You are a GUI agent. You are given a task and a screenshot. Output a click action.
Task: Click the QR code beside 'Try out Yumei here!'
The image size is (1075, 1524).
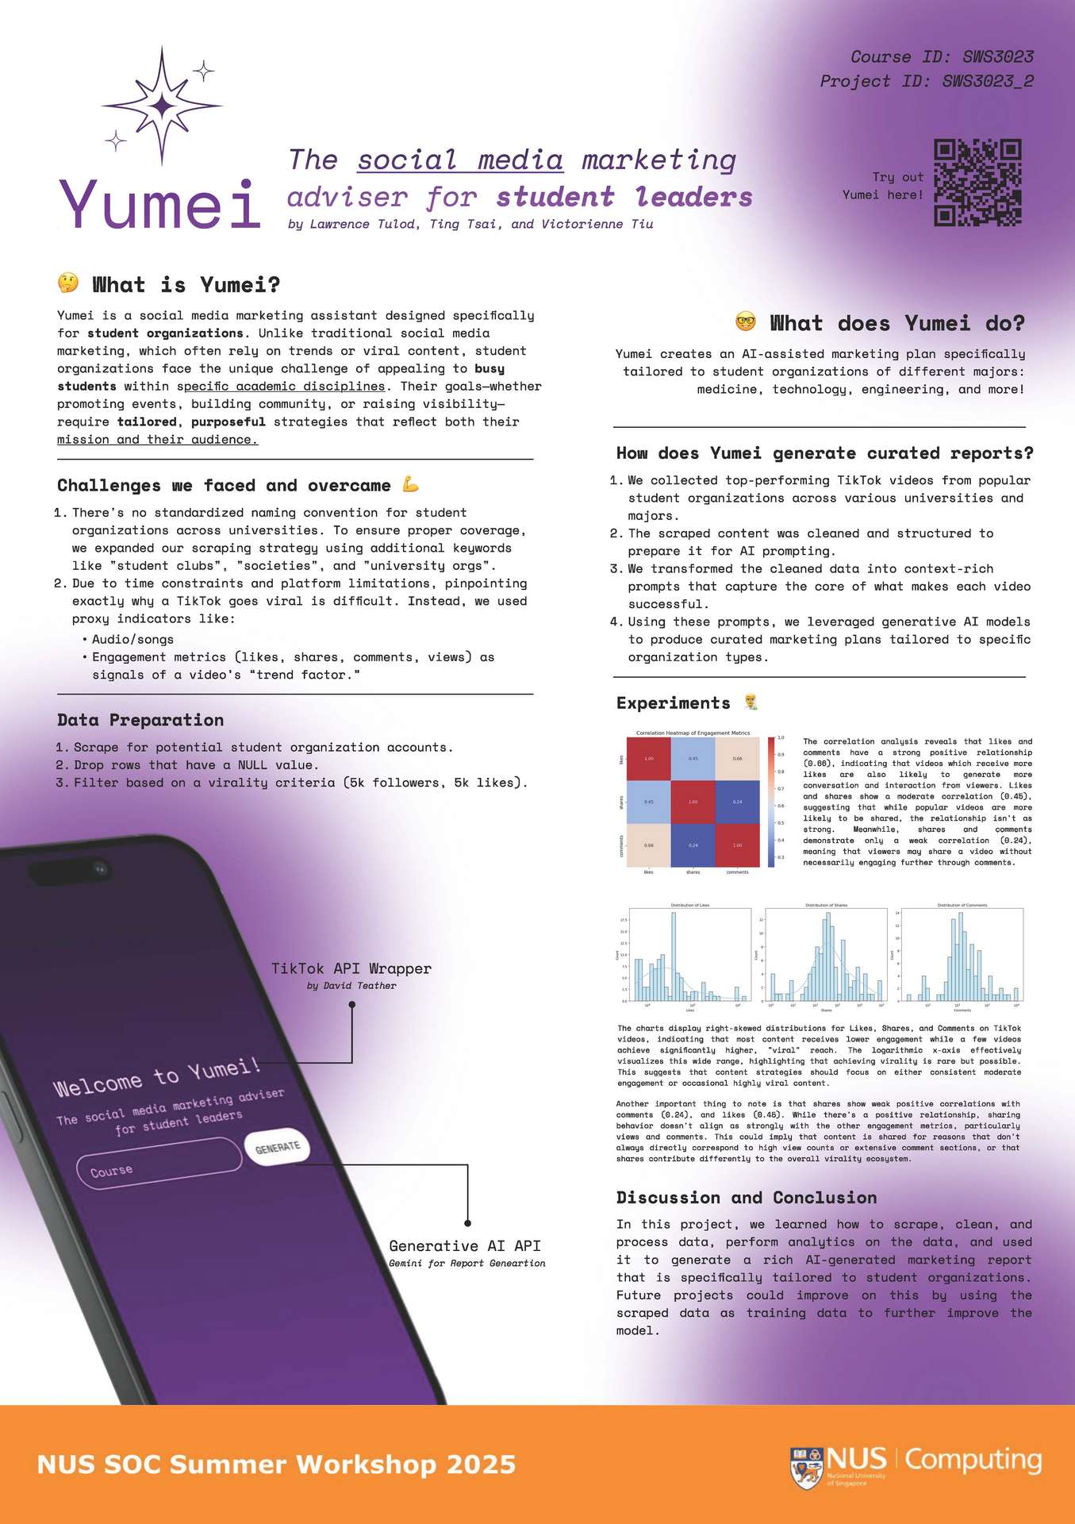click(x=977, y=183)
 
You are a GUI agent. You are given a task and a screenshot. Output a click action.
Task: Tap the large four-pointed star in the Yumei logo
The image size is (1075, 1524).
click(x=163, y=105)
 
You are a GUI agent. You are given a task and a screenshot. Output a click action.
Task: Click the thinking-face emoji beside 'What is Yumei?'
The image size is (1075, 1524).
click(x=68, y=283)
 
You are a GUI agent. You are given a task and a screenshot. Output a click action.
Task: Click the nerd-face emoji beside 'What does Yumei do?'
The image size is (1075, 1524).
click(x=745, y=321)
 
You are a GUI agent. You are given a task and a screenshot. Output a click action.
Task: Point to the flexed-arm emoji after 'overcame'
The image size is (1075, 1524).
click(x=410, y=483)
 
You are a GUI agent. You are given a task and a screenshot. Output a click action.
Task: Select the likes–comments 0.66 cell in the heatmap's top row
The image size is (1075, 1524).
click(x=737, y=758)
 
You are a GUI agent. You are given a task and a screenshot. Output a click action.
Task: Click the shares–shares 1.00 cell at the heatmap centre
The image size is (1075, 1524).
click(x=693, y=802)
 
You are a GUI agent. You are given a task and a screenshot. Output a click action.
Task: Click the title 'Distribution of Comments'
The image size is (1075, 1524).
click(x=962, y=905)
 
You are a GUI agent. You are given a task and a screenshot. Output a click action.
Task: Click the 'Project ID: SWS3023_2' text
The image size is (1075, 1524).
click(x=927, y=81)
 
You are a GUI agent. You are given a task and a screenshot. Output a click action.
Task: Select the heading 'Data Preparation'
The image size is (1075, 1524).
click(x=140, y=720)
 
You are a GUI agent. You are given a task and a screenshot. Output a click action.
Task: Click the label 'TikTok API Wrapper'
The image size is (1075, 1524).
click(x=351, y=968)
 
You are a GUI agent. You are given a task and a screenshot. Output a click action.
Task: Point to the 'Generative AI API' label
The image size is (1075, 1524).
click(x=465, y=1246)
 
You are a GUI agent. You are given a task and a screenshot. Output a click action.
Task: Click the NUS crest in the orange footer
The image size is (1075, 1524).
click(x=805, y=1468)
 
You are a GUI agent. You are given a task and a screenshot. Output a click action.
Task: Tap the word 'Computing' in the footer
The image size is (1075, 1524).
click(x=973, y=1459)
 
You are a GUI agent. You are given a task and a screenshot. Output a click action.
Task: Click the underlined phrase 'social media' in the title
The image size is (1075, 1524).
click(x=460, y=160)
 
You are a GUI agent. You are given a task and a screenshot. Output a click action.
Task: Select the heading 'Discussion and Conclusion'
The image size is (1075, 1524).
click(x=747, y=1198)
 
